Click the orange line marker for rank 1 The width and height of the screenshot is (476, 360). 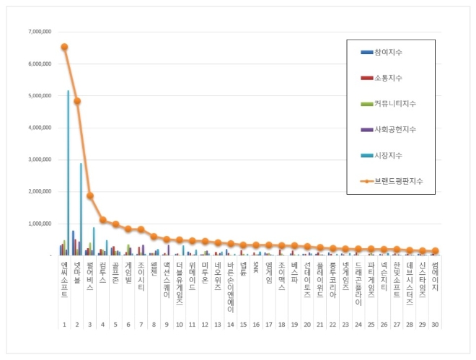click(64, 47)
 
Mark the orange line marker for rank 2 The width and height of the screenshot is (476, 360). click(77, 101)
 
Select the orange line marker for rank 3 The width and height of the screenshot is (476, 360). click(90, 196)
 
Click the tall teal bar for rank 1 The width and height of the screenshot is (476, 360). click(69, 173)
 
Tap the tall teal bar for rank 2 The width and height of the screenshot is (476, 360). click(81, 209)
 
